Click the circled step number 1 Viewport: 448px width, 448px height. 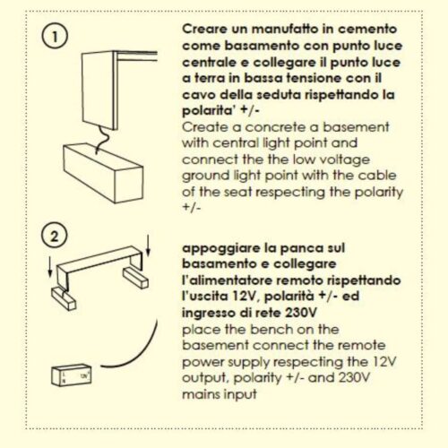[55, 37]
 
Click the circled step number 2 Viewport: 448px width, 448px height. [54, 237]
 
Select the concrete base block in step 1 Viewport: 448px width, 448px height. [103, 173]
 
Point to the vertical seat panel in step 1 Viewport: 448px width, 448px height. [99, 90]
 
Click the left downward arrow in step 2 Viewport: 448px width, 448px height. [50, 267]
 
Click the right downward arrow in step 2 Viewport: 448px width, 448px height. [148, 246]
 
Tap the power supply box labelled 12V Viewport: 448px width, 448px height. [72, 375]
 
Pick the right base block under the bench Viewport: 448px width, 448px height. [135, 277]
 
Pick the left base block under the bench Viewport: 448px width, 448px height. [64, 299]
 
